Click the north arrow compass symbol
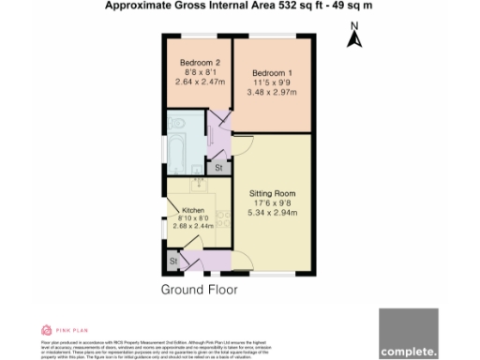click(x=354, y=39)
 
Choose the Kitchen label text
click(x=193, y=210)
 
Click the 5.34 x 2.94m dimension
click(x=272, y=213)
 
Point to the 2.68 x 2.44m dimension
click(x=194, y=226)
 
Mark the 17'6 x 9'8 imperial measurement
click(x=272, y=202)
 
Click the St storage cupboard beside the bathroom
click(x=218, y=167)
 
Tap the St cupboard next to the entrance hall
click(x=173, y=260)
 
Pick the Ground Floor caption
click(x=199, y=290)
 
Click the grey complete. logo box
click(x=409, y=334)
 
